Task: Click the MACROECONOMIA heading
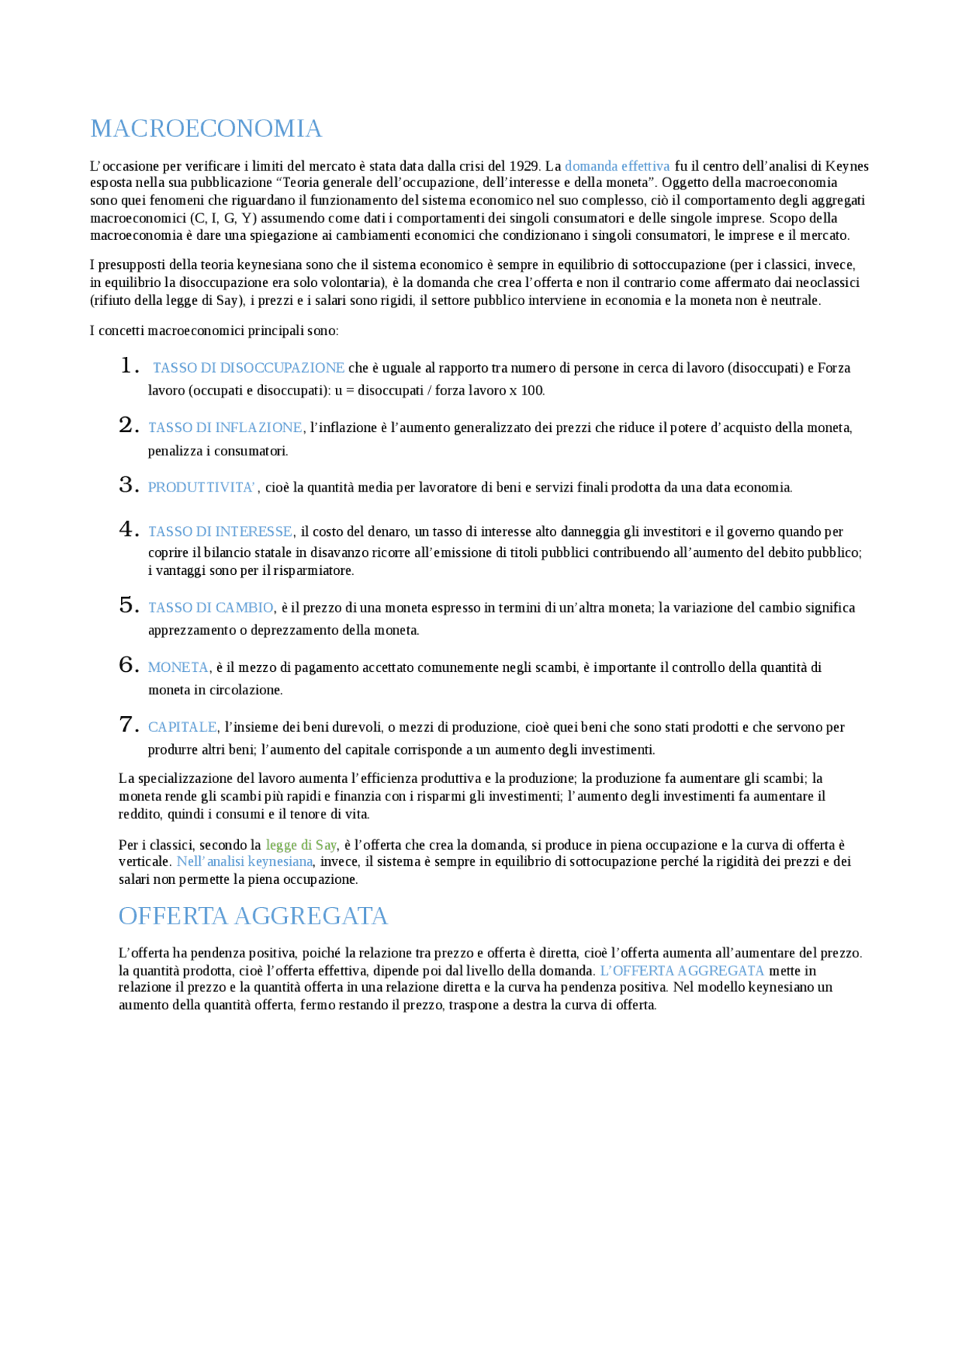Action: tap(206, 129)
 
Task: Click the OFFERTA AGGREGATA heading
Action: tap(253, 916)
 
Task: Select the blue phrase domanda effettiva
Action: tap(616, 166)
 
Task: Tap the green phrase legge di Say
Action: tap(301, 845)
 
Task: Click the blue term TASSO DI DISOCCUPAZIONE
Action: tap(248, 367)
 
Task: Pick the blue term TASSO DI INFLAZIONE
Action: tap(225, 428)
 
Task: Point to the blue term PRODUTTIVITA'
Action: tap(202, 487)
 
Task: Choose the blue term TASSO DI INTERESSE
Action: tap(220, 531)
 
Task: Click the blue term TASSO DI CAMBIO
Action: tap(210, 607)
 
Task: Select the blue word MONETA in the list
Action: tap(178, 667)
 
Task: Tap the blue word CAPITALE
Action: tap(182, 727)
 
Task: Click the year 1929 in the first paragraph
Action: tap(523, 166)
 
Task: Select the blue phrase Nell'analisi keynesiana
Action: tap(244, 861)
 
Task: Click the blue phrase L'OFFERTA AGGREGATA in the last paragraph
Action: tap(682, 970)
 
